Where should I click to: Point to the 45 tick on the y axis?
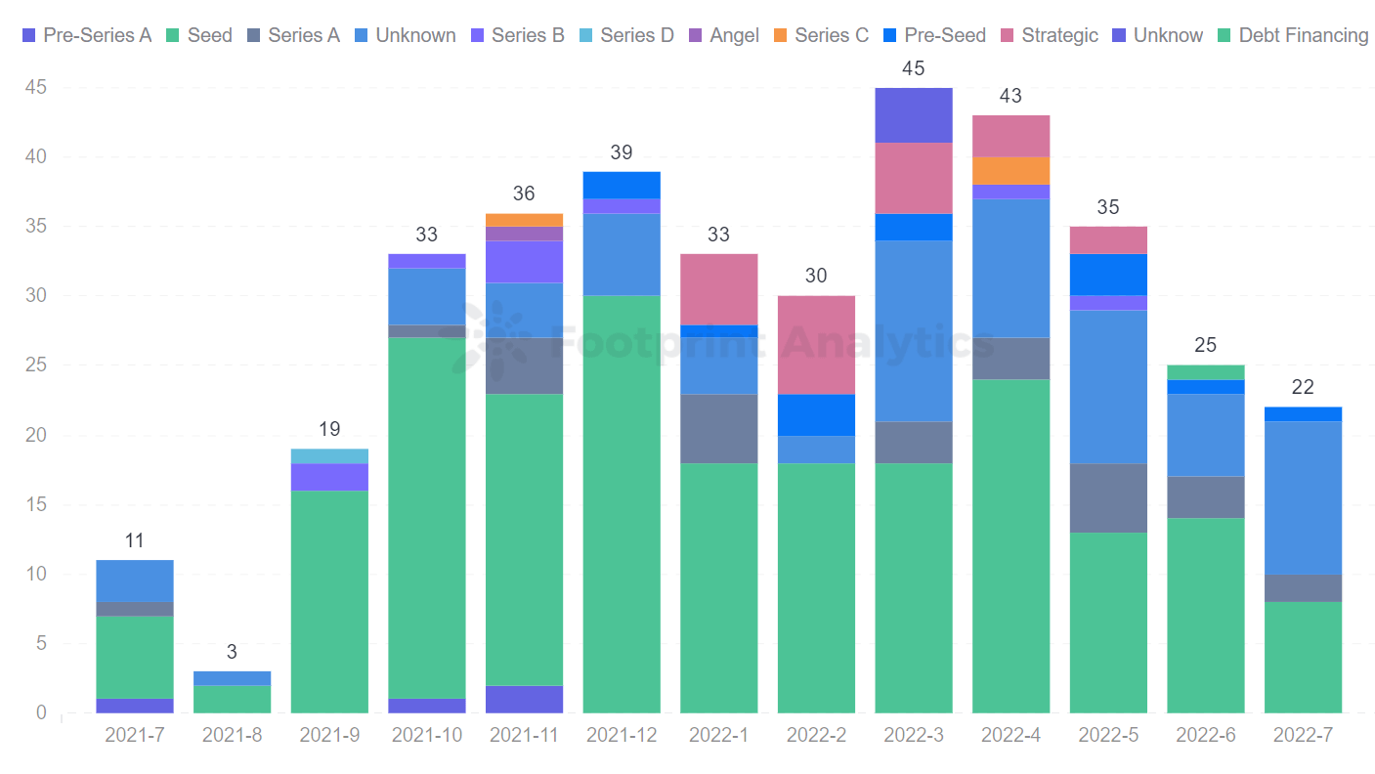35,88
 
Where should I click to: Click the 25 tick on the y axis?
35,365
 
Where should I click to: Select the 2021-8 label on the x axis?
232,735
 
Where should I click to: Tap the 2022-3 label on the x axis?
914,735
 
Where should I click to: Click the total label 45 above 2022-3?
914,68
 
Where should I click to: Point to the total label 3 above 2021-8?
232,652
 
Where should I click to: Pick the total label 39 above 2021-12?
622,152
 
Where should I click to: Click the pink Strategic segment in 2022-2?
816,345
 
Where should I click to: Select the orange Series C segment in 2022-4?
1010,170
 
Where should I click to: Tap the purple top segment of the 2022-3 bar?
914,115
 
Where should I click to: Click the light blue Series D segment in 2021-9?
329,455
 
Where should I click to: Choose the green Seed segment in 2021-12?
622,504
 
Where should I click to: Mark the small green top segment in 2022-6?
1206,372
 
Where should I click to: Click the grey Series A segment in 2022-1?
718,428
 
